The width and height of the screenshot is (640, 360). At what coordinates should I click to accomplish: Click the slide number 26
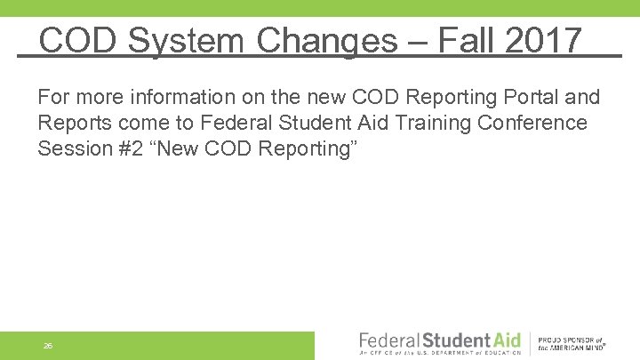[47, 346]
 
